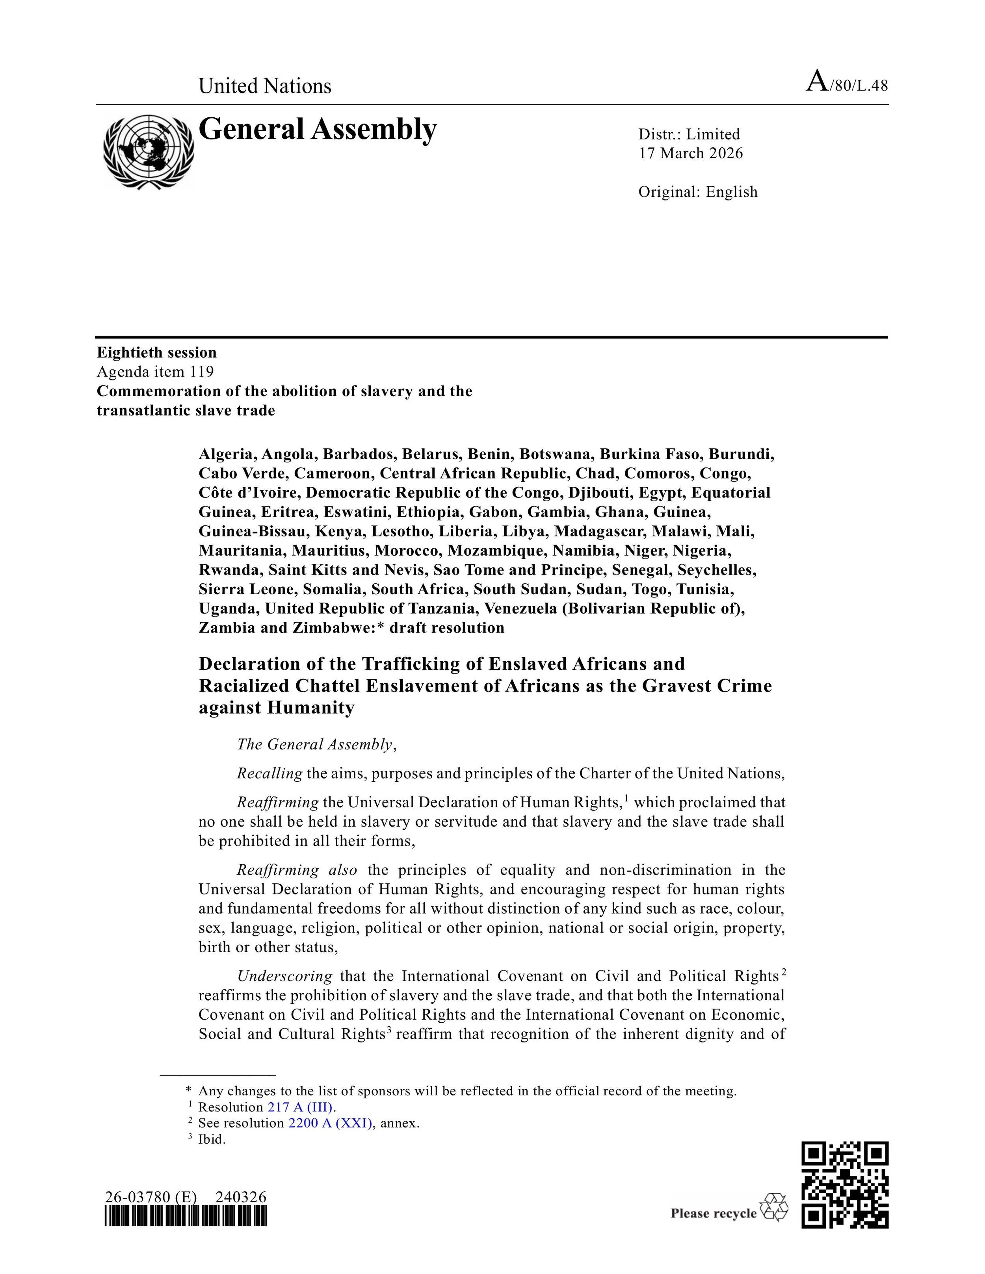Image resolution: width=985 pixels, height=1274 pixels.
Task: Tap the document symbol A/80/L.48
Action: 847,83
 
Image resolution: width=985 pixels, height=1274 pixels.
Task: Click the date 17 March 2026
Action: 690,154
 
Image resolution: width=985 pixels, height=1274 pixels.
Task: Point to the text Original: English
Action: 697,192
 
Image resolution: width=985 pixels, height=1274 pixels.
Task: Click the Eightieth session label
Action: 156,352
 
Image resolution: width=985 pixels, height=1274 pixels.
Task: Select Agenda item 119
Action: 155,372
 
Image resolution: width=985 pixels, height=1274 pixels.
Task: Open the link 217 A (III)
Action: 301,1107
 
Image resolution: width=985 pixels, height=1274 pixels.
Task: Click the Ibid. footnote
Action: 211,1139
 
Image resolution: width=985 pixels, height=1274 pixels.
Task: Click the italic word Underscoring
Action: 285,976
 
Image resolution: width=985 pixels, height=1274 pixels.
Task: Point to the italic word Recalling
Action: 269,773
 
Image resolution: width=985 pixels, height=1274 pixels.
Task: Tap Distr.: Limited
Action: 689,135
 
